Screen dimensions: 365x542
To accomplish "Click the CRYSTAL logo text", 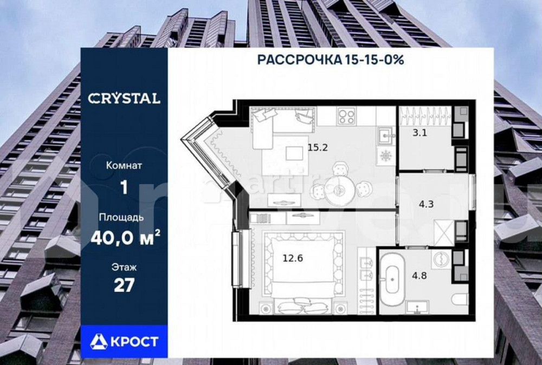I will [124, 99].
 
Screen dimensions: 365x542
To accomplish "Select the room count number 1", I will [124, 187].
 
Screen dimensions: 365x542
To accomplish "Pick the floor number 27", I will [124, 285].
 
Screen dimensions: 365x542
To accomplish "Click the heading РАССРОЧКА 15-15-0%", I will [330, 60].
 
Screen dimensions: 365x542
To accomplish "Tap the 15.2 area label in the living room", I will [318, 146].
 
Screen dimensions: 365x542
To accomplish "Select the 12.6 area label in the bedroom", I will [292, 258].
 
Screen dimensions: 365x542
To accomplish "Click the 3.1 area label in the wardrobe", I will [420, 132].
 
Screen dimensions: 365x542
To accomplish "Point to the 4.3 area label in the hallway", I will [426, 205].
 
